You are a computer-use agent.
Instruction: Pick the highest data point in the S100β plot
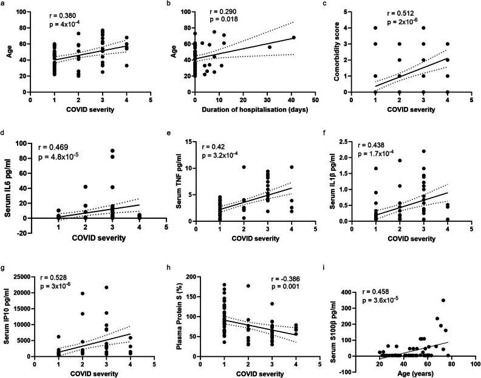pyautogui.click(x=443, y=300)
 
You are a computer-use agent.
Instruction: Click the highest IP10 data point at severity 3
pyautogui.click(x=106, y=287)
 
